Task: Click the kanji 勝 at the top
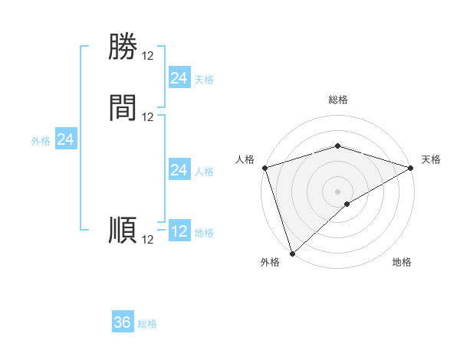coord(123,47)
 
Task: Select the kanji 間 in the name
coord(123,108)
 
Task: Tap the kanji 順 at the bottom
coord(123,231)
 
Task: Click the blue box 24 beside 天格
coord(179,78)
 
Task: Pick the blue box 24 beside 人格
coord(179,170)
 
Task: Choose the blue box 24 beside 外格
coord(66,139)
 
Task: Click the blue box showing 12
coord(179,231)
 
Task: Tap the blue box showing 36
coord(123,322)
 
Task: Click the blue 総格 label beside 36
coord(147,324)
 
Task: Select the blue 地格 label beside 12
coord(204,233)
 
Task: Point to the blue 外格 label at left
coord(41,141)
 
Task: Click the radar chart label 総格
coord(337,100)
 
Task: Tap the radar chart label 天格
coord(431,159)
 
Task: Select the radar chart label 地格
coord(402,262)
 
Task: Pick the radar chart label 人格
coord(245,159)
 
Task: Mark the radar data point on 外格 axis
coord(292,253)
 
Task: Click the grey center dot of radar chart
coord(337,191)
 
